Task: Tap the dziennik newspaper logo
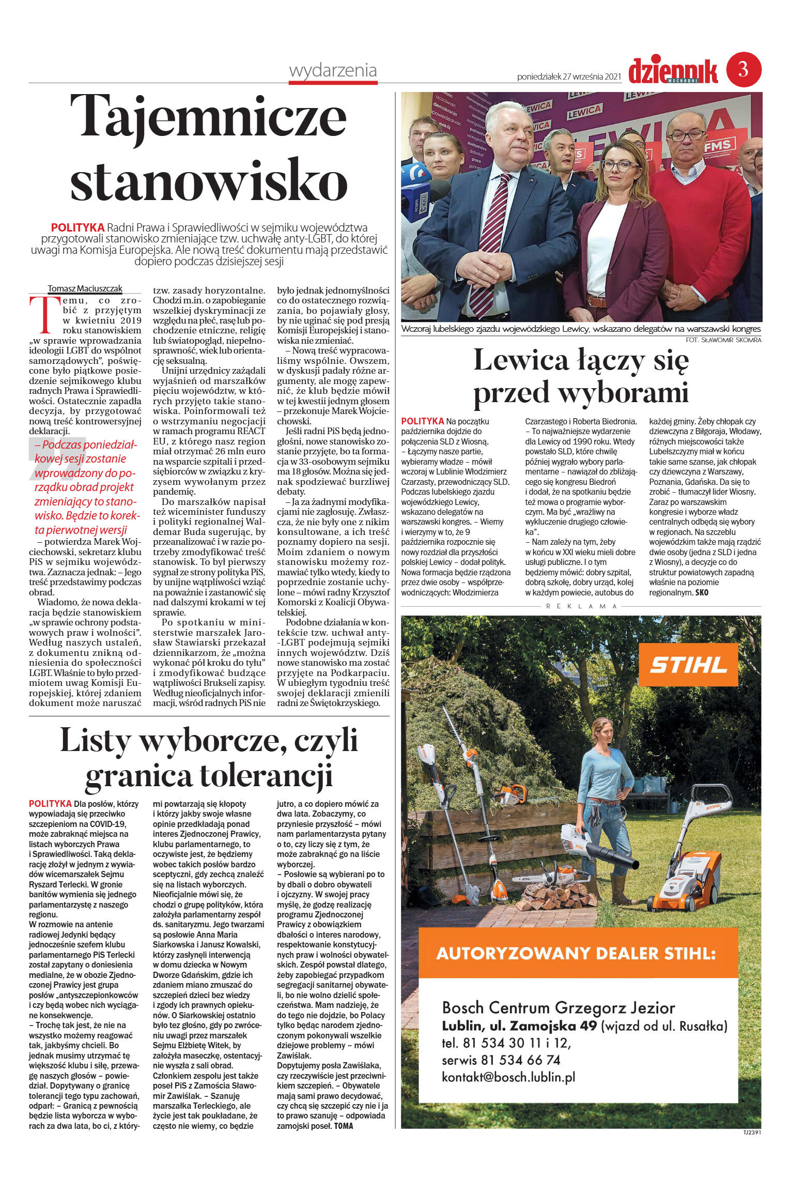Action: tap(673, 70)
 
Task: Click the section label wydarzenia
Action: tap(333, 71)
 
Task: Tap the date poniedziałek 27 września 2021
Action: tap(568, 76)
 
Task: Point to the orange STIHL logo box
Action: tap(687, 665)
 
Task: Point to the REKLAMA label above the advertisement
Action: tap(581, 606)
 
